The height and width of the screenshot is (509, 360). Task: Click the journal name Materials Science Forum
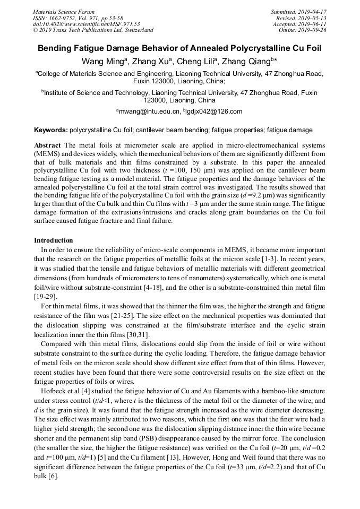pos(64,12)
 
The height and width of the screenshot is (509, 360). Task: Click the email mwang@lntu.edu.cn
pos(150,111)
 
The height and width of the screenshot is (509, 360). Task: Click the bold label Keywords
pos(50,130)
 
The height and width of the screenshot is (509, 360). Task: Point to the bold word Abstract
pos(47,145)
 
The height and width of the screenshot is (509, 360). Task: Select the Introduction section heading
pos(53,240)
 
